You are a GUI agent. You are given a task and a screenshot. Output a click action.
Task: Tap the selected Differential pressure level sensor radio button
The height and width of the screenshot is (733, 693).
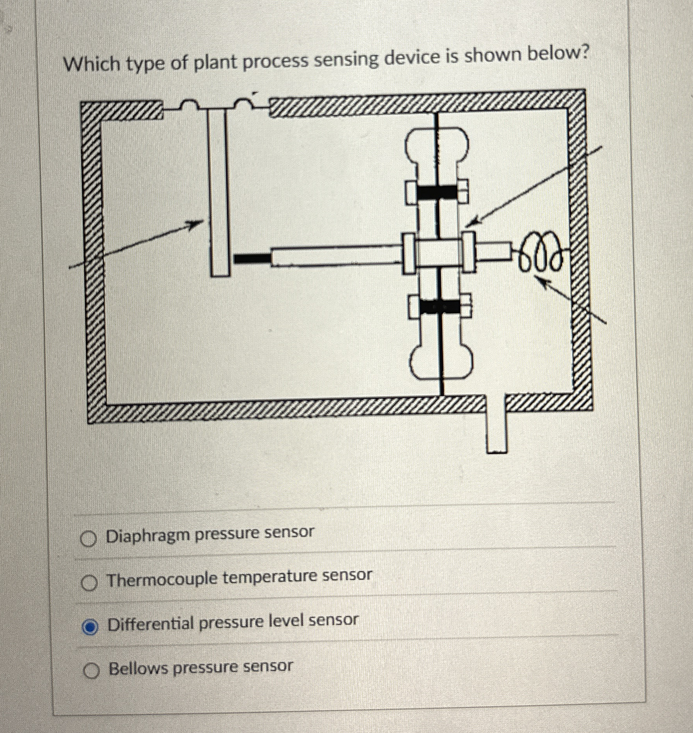click(90, 628)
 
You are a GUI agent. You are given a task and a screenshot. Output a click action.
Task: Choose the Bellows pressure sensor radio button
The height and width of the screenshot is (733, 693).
click(92, 670)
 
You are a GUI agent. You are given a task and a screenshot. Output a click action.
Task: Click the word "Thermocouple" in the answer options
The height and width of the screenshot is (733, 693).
click(162, 579)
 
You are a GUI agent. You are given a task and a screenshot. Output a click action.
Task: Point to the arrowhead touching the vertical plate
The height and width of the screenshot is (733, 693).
click(197, 224)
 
